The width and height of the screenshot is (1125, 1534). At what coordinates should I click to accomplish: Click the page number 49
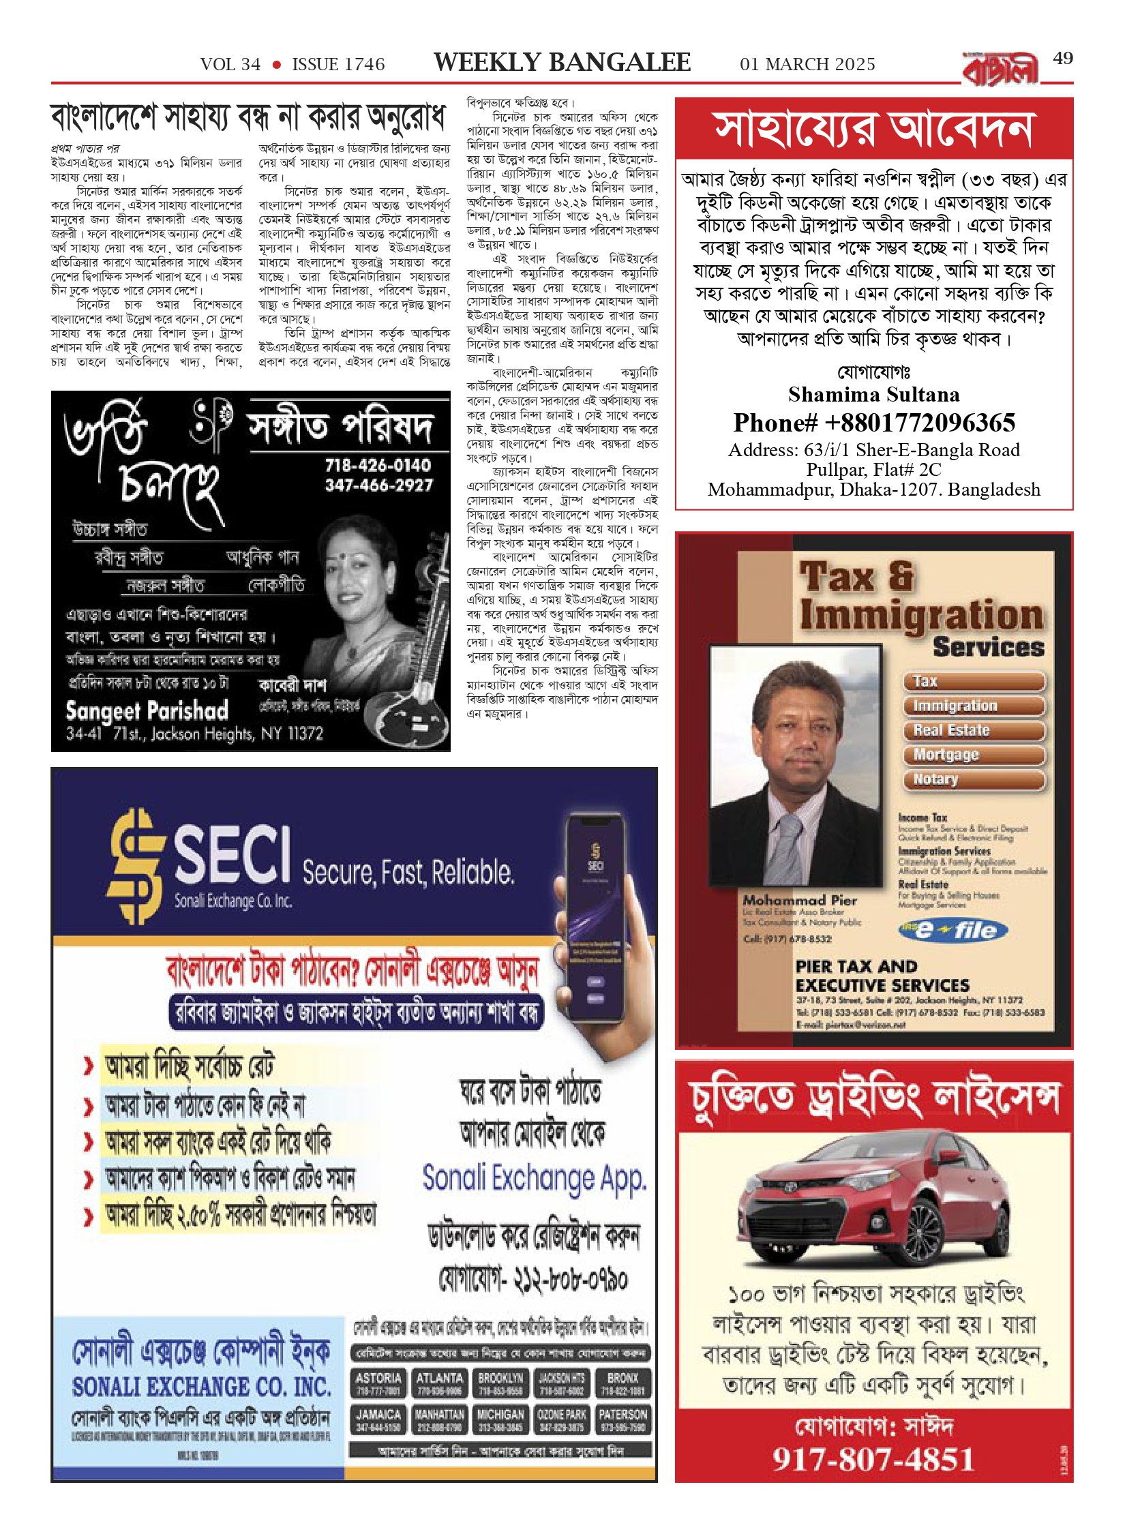(x=1062, y=59)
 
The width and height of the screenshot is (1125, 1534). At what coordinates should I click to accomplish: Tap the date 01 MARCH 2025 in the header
(x=807, y=65)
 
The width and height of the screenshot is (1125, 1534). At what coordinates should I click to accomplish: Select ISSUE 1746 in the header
(x=338, y=65)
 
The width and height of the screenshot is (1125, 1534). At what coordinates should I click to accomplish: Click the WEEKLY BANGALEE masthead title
(x=562, y=63)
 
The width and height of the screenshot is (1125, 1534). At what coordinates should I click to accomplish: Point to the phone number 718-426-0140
(x=378, y=466)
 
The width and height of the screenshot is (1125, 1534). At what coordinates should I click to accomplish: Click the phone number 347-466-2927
(x=378, y=485)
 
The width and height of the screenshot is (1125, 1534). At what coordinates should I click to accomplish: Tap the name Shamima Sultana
(x=873, y=395)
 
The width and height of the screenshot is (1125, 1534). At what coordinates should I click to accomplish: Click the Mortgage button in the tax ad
(x=974, y=755)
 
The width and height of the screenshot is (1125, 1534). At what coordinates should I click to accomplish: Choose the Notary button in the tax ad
(x=974, y=779)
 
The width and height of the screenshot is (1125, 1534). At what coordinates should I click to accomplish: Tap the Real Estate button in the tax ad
(x=974, y=730)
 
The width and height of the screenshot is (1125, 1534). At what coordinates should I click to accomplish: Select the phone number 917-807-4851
(x=873, y=1460)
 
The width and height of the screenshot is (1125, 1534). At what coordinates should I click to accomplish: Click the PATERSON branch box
(x=623, y=1420)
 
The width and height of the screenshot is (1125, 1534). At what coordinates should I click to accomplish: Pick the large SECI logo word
(x=232, y=854)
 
